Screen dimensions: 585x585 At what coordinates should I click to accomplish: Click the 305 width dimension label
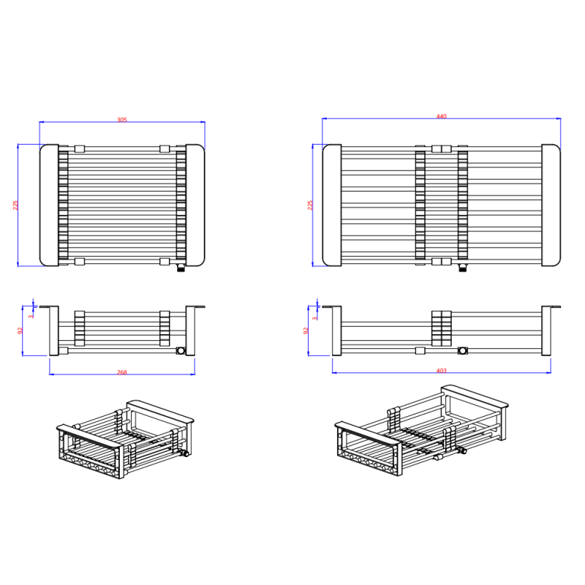(x=122, y=120)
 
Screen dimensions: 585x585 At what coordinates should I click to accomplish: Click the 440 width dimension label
(x=442, y=116)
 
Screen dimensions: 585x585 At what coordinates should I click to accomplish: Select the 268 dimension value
(x=122, y=372)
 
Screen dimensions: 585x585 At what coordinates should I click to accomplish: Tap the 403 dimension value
(x=442, y=371)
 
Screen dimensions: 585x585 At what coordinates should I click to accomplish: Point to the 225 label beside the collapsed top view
(x=15, y=205)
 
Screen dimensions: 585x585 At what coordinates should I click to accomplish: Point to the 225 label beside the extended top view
(x=310, y=205)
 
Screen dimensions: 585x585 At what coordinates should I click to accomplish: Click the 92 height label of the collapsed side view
(x=20, y=331)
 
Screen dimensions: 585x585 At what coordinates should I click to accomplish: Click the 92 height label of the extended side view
(x=306, y=331)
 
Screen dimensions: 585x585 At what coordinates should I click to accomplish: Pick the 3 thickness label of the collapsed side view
(x=31, y=317)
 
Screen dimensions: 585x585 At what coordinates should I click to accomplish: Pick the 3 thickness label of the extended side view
(x=315, y=318)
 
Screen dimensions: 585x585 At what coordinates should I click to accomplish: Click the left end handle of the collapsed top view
(x=49, y=205)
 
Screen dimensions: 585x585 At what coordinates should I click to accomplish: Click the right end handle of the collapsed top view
(x=195, y=205)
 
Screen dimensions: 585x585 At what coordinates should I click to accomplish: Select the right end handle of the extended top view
(x=551, y=205)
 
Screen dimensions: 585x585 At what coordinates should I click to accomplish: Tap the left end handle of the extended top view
(x=332, y=205)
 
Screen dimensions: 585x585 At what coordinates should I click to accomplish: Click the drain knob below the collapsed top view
(x=181, y=268)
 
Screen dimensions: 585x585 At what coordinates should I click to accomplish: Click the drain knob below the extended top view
(x=463, y=268)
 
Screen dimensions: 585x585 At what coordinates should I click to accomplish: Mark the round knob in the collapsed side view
(x=181, y=351)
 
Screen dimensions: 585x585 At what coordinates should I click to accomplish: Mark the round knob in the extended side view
(x=463, y=351)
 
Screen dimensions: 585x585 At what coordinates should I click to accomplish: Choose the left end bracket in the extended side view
(x=336, y=331)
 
